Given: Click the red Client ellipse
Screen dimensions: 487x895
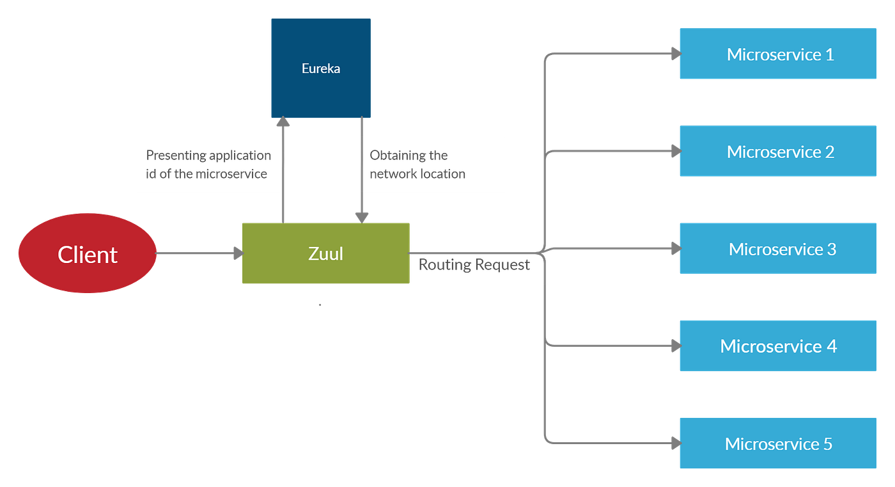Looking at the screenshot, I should [87, 254].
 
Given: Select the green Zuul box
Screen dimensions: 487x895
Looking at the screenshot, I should [325, 253].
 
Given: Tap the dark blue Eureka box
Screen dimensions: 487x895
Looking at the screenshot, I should [321, 68].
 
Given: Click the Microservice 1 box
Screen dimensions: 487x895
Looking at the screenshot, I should [777, 54].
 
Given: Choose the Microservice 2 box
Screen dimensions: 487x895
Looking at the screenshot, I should [777, 152].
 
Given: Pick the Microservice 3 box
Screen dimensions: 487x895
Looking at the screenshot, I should [777, 249].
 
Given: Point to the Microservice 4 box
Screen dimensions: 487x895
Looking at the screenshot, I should [777, 346].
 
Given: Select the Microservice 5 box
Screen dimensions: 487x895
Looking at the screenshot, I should [777, 443].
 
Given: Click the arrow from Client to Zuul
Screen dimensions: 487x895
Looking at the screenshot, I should [198, 253].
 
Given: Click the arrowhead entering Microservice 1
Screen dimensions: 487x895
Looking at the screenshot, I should [674, 54].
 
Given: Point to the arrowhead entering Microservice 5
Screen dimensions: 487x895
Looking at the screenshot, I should [674, 442].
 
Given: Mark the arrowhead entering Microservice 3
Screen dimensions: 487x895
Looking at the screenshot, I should [674, 248].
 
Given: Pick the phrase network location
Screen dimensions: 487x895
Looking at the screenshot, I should [417, 174].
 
